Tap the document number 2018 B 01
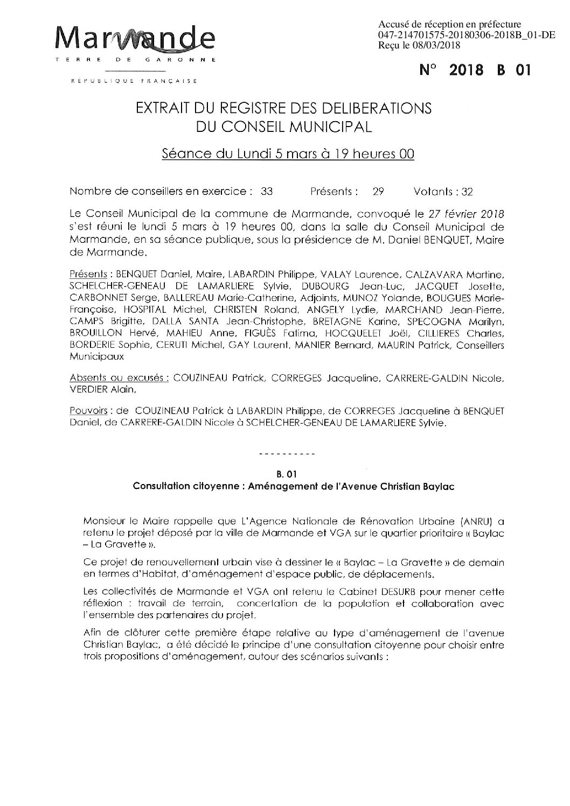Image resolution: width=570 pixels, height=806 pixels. (x=475, y=71)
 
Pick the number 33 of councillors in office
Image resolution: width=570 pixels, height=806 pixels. (x=266, y=191)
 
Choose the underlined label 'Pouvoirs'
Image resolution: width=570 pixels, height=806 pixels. (x=88, y=412)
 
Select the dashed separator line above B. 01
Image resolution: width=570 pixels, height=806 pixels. (x=287, y=455)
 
